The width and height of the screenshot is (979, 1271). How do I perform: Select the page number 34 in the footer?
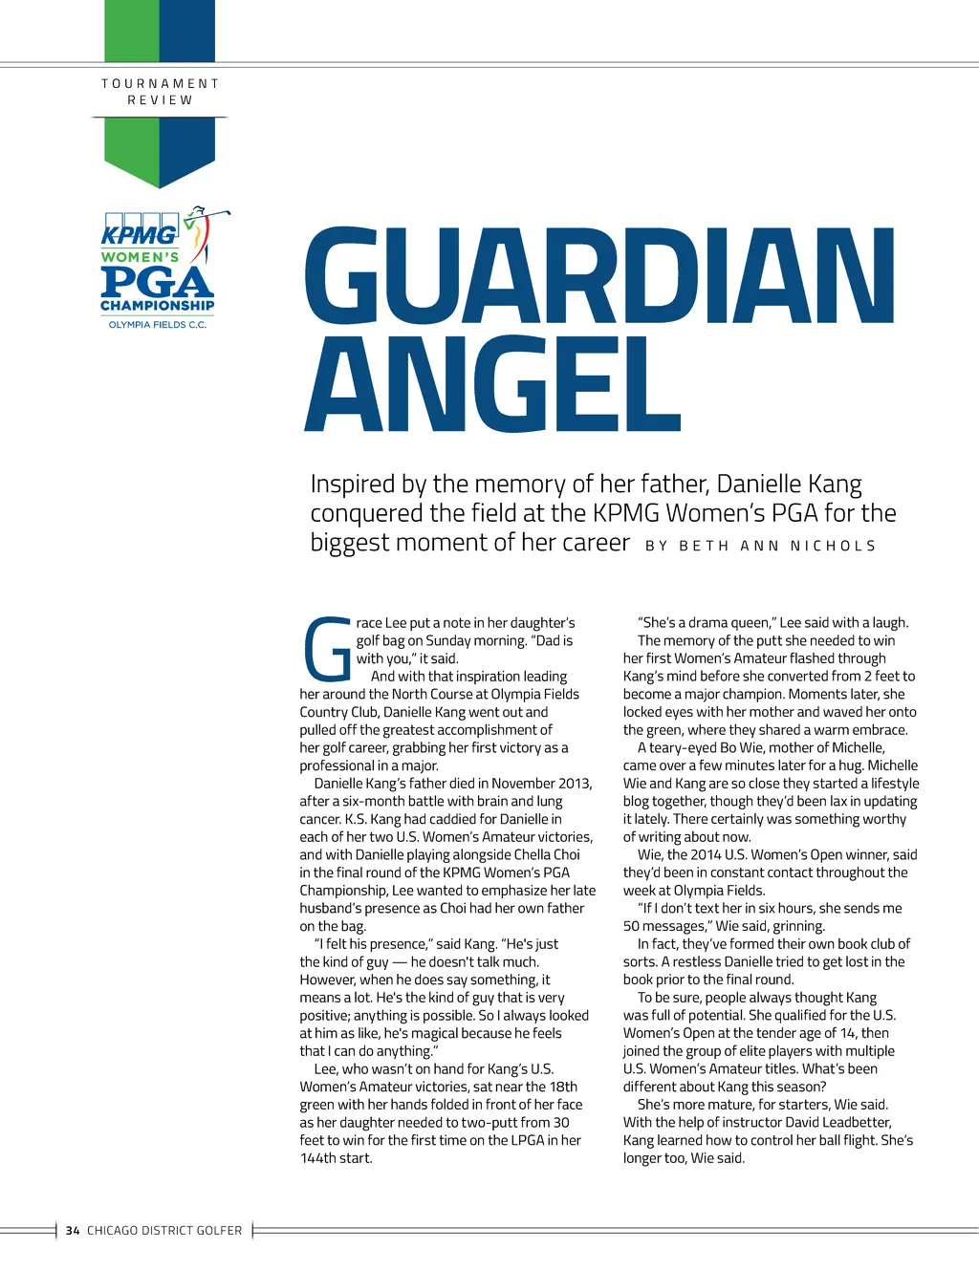(73, 1231)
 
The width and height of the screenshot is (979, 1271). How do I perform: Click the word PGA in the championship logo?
(157, 282)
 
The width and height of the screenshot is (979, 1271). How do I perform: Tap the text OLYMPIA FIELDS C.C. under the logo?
(158, 325)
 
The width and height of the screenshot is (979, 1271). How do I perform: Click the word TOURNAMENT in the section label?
(161, 84)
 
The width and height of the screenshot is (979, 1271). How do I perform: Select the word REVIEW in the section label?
(161, 100)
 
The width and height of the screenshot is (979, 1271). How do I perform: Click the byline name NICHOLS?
(833, 546)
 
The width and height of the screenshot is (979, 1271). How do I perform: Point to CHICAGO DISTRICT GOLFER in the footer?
(164, 1231)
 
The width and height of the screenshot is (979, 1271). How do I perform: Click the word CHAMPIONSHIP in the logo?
(158, 306)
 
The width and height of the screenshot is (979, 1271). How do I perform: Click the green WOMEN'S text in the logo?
(140, 257)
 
